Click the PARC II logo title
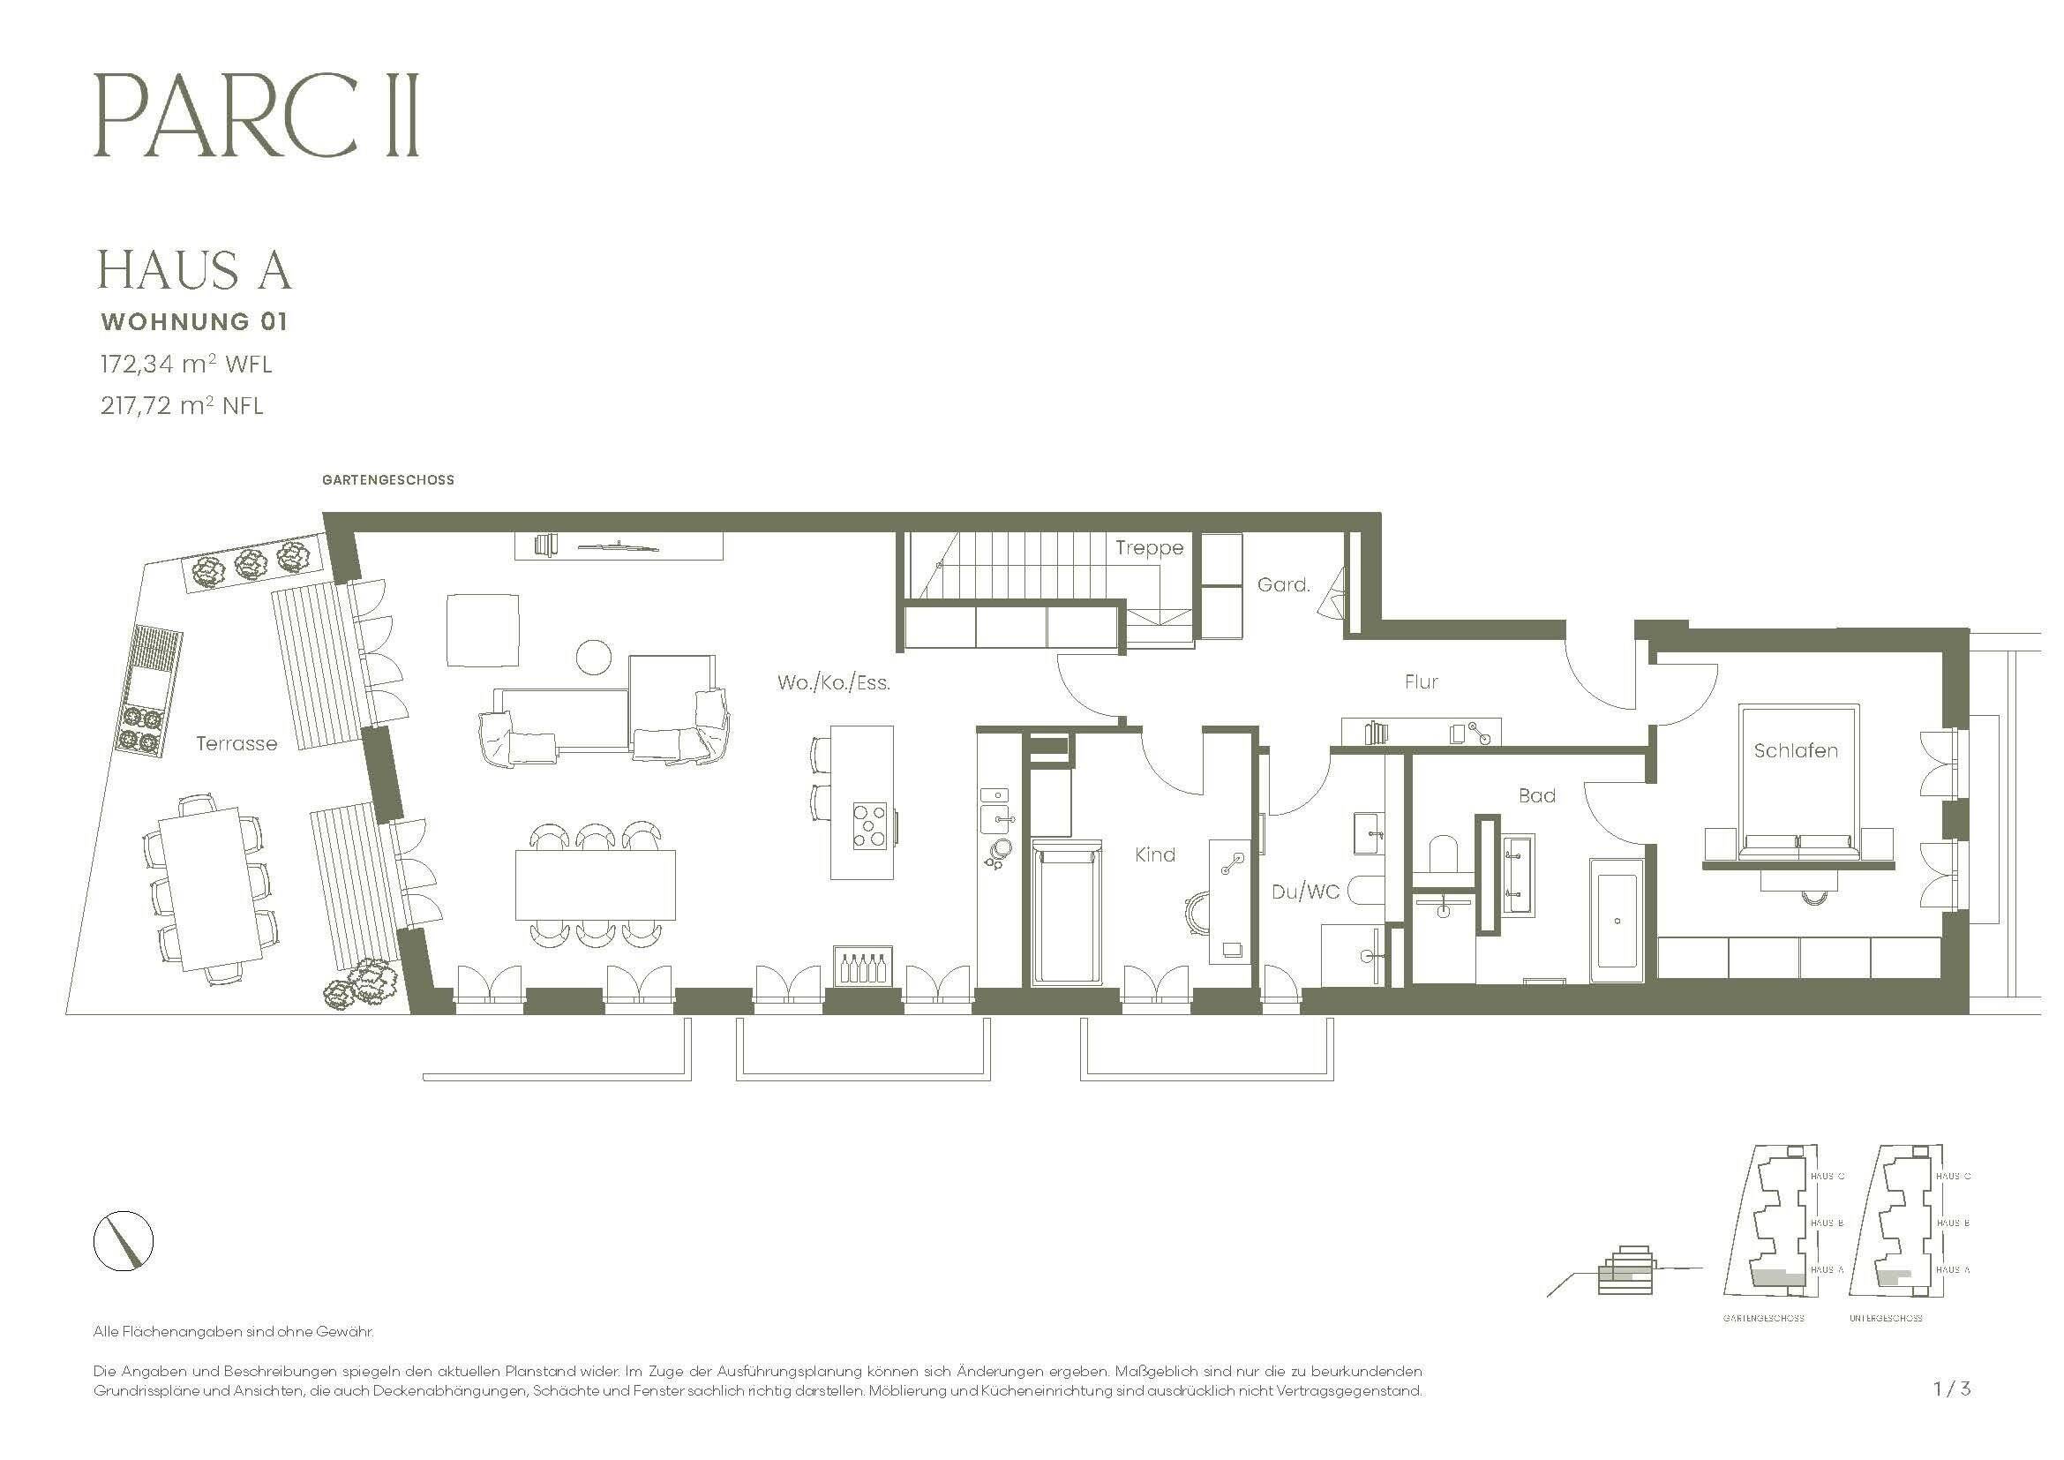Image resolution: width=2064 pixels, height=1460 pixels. click(256, 117)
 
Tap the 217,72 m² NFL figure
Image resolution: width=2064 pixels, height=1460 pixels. click(182, 405)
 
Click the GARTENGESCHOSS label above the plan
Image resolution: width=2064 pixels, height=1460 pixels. click(387, 480)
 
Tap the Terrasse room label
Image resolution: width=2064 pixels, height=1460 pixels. click(236, 743)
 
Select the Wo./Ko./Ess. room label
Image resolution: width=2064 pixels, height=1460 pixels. click(833, 682)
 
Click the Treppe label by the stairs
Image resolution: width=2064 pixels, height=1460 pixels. click(1149, 547)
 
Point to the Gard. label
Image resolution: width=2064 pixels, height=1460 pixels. click(1283, 584)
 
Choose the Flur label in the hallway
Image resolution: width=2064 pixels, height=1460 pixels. click(1422, 681)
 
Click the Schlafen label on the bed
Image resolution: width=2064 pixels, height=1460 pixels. click(1795, 749)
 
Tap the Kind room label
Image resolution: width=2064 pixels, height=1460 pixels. click(1154, 854)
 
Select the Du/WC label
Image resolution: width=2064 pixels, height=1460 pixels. click(1305, 892)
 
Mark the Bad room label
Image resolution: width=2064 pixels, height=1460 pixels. click(1536, 794)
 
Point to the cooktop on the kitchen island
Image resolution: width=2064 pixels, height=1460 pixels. click(869, 825)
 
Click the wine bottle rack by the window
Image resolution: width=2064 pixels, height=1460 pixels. click(864, 967)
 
